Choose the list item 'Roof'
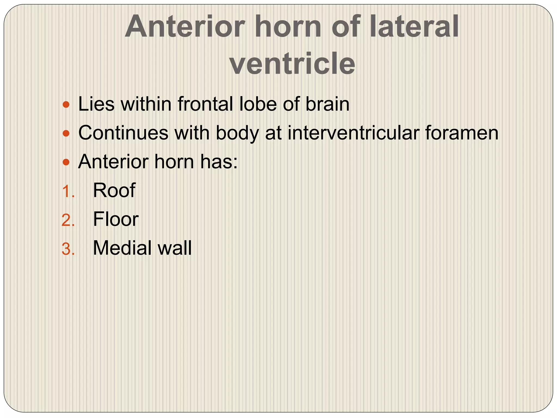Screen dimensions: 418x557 click(x=114, y=190)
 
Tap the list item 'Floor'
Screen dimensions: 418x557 click(x=116, y=219)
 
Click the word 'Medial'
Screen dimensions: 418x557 click(x=122, y=248)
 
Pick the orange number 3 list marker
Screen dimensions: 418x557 click(x=68, y=249)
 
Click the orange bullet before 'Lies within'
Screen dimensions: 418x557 click(x=66, y=104)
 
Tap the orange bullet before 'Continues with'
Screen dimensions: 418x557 click(x=66, y=133)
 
